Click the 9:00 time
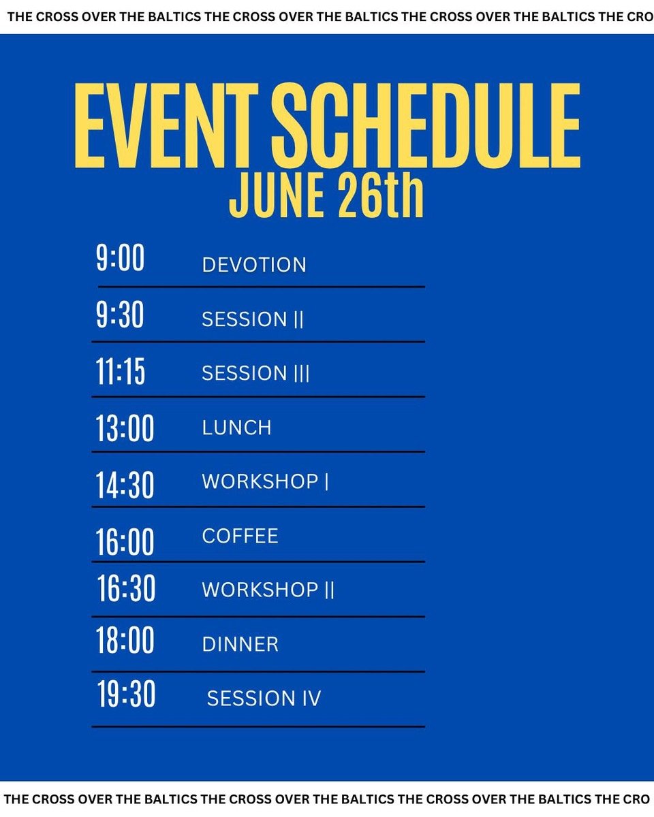120,258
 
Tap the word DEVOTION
254,265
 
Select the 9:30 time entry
120,315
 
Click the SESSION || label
253,319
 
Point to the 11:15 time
120,372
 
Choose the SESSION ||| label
255,373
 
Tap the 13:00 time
125,428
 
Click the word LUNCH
237,428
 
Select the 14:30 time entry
125,485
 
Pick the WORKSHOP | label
265,482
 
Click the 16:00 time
125,542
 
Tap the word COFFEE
240,536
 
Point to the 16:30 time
127,588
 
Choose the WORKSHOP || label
268,590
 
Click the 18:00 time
125,640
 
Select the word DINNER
240,645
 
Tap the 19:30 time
127,694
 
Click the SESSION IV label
264,699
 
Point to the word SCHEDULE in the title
426,125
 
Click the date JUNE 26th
326,195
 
